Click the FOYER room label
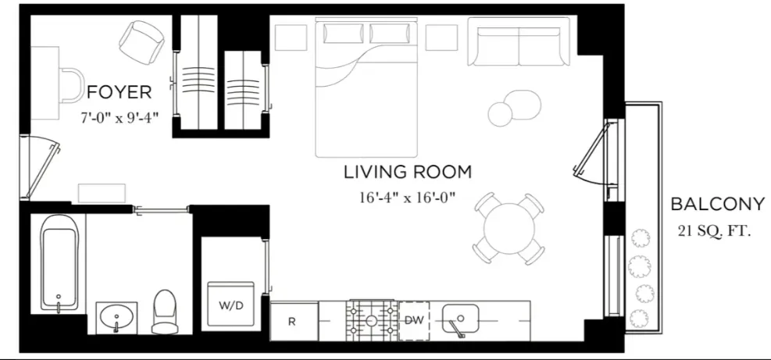[119, 92]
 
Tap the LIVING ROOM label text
[407, 171]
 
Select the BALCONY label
[717, 205]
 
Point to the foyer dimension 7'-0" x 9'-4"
[120, 119]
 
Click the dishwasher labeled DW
[414, 320]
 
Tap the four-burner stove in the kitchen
[371, 320]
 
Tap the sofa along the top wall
[519, 43]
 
